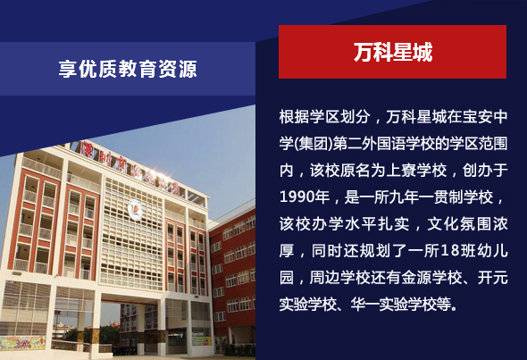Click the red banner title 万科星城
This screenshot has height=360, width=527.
click(392, 52)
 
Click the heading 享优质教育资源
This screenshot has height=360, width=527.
click(128, 69)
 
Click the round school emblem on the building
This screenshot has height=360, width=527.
click(135, 209)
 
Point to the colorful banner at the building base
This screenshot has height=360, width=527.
click(22, 343)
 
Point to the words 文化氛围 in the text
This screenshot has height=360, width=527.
click(459, 224)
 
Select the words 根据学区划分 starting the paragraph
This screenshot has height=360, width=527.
click(324, 117)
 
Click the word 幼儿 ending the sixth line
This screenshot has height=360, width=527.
click(492, 251)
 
